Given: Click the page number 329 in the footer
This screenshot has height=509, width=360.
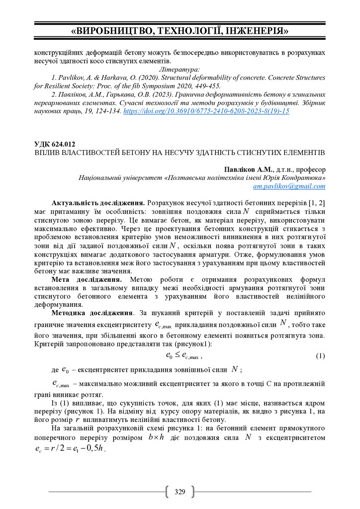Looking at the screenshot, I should [x=180, y=492].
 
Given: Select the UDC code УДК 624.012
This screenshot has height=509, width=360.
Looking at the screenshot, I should [x=55, y=144].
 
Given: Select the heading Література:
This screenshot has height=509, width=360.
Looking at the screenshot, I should [x=180, y=70].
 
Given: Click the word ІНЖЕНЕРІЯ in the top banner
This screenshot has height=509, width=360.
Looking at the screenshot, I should [x=257, y=31].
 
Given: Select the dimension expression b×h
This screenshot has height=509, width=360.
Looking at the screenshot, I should [x=157, y=437].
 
